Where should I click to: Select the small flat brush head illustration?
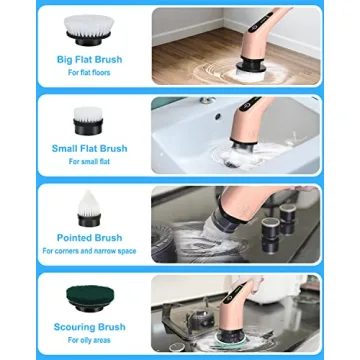click(89, 117)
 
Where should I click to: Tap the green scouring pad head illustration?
click(91, 297)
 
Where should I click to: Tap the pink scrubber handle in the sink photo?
click(245, 125)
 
